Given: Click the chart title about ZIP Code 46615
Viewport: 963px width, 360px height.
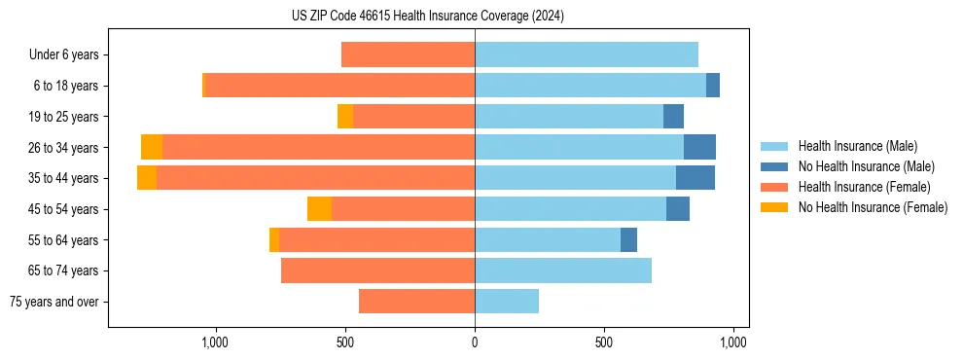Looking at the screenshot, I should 427,16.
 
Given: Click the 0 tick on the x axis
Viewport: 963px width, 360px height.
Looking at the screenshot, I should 475,342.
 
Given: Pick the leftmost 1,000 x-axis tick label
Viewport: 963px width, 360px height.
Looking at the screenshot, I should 215,342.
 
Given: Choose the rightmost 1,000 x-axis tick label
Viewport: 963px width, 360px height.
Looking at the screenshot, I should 733,342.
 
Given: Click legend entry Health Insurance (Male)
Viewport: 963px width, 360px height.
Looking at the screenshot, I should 856,146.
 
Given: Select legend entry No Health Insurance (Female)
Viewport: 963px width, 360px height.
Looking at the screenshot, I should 872,207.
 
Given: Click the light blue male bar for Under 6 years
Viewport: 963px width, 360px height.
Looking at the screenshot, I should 587,55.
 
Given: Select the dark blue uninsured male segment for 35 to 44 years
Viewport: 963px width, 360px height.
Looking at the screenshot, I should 695,178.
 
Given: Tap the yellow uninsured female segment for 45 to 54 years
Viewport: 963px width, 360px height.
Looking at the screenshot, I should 319,209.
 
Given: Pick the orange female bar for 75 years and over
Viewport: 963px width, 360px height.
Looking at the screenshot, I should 416,302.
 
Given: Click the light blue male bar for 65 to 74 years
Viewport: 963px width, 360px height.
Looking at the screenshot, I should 563,270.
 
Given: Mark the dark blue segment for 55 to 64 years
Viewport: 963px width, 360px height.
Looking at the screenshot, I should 628,239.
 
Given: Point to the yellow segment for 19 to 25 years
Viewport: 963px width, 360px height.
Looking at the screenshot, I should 345,117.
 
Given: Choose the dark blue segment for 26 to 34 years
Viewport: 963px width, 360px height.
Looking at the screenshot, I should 699,148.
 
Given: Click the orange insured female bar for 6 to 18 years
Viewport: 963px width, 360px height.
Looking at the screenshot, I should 340,86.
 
